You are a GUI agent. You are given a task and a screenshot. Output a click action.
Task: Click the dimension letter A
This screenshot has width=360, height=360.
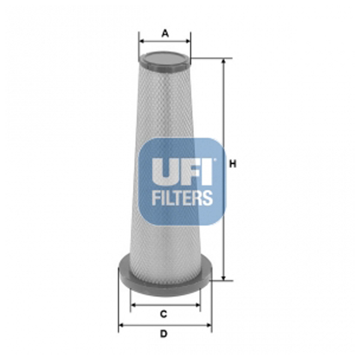165,34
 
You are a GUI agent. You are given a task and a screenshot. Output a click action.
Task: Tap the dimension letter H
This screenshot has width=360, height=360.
232,164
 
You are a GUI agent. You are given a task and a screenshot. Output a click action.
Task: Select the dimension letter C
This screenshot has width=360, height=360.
163,314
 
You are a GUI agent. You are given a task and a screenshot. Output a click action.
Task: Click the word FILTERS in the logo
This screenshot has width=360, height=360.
182,197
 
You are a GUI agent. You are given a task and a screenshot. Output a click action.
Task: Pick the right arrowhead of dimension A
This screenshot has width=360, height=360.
188,40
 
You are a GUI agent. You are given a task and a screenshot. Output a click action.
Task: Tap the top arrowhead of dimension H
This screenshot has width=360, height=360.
223,62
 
